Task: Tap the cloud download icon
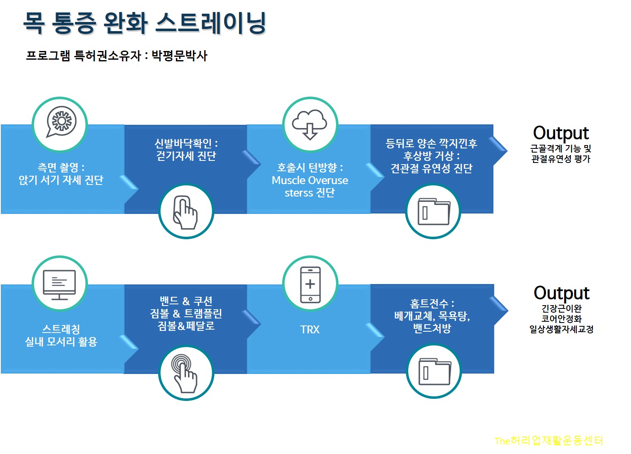(x=309, y=124)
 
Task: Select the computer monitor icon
(x=60, y=284)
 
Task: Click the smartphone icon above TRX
(x=310, y=284)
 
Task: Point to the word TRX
(x=309, y=330)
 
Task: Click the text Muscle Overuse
(x=309, y=180)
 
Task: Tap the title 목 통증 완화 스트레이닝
(x=144, y=23)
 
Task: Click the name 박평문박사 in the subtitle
(x=179, y=56)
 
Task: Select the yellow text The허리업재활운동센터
(x=548, y=440)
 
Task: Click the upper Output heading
(x=560, y=133)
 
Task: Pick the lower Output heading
(x=561, y=293)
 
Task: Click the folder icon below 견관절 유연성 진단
(x=433, y=211)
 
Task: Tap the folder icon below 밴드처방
(x=434, y=371)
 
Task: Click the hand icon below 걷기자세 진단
(x=185, y=212)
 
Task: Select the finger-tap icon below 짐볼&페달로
(x=185, y=372)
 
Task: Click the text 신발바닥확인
(x=183, y=143)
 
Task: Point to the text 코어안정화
(x=561, y=319)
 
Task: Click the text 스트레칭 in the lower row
(x=61, y=329)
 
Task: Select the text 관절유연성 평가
(x=560, y=159)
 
